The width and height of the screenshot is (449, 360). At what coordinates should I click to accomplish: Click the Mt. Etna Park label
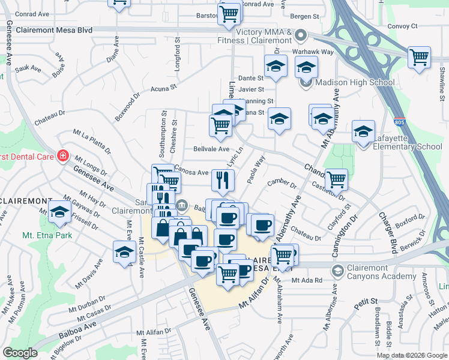tap(47, 235)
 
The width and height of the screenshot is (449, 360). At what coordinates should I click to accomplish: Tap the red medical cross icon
tap(62, 155)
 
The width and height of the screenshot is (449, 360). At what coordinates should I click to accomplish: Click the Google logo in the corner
tap(20, 352)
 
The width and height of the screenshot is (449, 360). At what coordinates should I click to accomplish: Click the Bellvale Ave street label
tap(211, 149)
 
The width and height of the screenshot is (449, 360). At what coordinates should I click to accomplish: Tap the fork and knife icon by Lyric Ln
tap(222, 179)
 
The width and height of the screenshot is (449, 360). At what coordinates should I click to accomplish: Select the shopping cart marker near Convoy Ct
tap(419, 58)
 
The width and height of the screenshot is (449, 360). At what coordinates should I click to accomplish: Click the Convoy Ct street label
tap(402, 26)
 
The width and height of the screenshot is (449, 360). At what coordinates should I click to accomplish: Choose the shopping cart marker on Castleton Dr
tap(336, 179)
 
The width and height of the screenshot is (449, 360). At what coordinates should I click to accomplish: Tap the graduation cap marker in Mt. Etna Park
tap(59, 212)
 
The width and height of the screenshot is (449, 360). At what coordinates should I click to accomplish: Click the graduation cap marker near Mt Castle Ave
tap(124, 251)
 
